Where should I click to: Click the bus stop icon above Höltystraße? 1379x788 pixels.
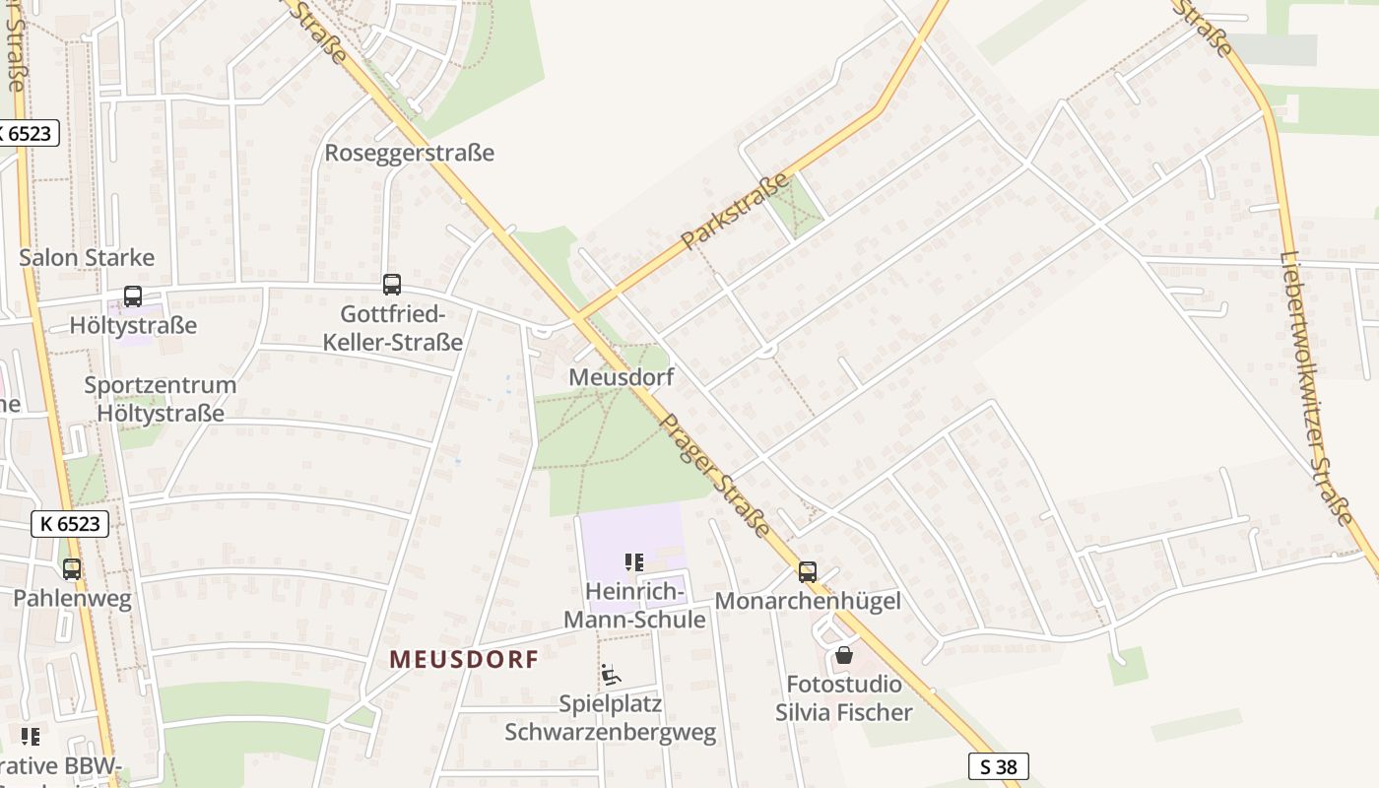point(132,295)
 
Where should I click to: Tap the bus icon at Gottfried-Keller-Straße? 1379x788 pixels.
point(392,285)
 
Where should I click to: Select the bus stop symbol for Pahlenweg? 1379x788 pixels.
point(72,568)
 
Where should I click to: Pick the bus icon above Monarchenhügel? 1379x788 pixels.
point(808,571)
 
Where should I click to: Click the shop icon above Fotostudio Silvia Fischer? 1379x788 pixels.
point(844,655)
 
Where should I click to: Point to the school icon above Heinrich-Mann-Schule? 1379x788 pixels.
point(634,562)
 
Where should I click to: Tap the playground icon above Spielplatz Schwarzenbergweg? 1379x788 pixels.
point(611,675)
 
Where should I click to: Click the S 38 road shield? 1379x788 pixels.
point(999,766)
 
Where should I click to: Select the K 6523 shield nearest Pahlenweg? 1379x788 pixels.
point(70,523)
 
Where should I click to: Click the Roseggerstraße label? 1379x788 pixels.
point(409,153)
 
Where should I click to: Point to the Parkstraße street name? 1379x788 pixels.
point(736,211)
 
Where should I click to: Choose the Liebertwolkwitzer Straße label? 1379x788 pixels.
point(1317,386)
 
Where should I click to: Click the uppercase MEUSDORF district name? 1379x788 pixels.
point(464,659)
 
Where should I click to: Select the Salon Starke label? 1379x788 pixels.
point(88,258)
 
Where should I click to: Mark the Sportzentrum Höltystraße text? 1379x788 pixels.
point(161,399)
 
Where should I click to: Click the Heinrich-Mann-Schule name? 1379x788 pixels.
point(635,605)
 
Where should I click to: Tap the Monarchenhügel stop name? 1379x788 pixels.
point(808,601)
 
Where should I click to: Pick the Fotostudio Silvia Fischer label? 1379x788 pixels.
point(844,697)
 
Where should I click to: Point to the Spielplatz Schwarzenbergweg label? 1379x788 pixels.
point(611,718)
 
